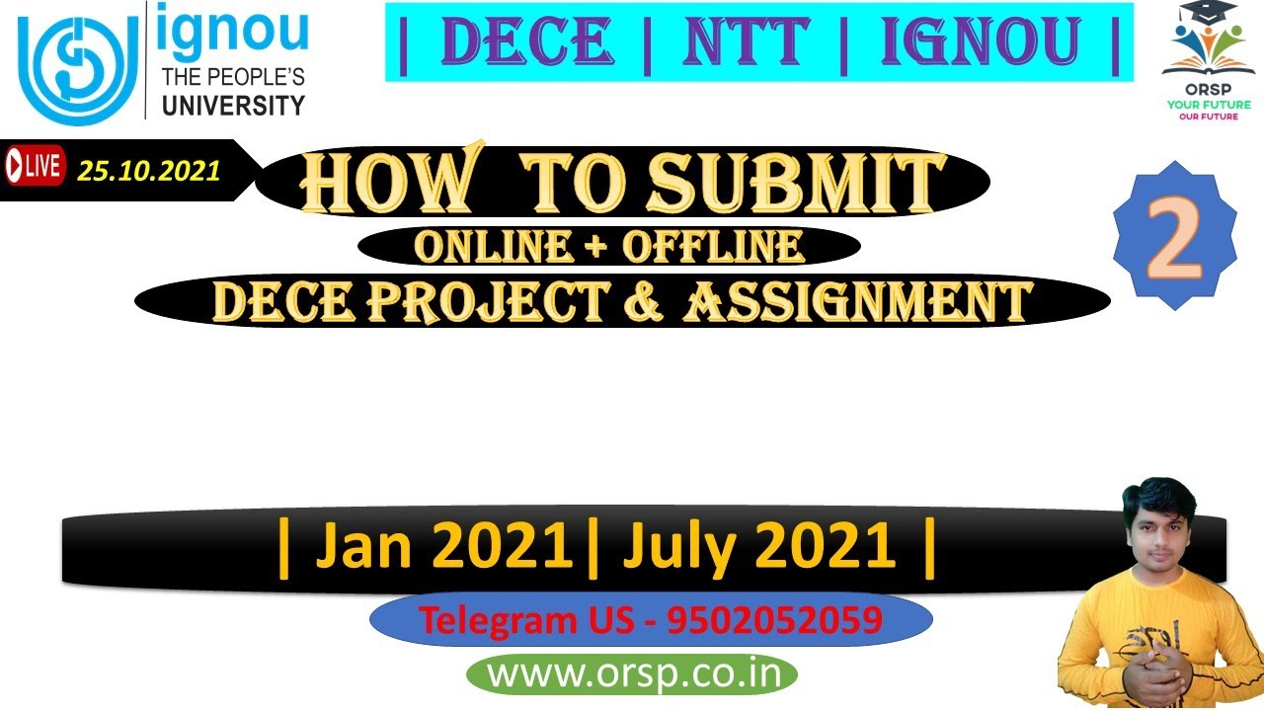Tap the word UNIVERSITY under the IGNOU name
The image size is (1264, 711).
[x=233, y=105]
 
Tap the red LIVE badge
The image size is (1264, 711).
[x=34, y=166]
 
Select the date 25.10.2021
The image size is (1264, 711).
[x=149, y=171]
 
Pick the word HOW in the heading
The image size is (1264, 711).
[x=387, y=183]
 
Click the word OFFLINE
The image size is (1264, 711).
[x=713, y=247]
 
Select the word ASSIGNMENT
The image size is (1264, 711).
[x=857, y=302]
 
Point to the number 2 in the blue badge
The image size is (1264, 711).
[x=1174, y=236]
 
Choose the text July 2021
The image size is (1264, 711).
[x=758, y=548]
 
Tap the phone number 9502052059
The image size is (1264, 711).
[x=774, y=620]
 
